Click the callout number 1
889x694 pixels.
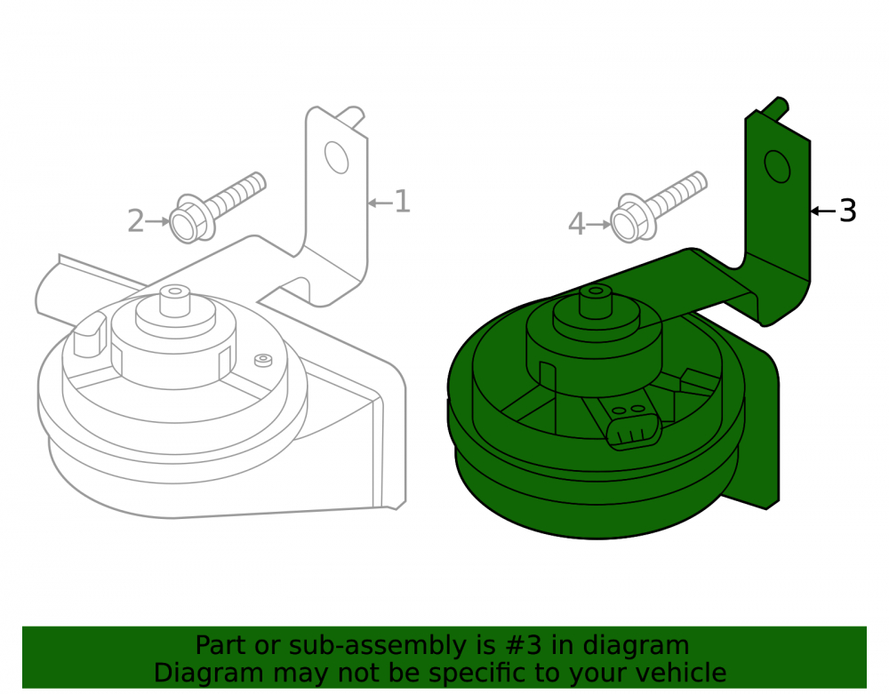pyautogui.click(x=402, y=202)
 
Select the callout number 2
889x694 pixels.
pyautogui.click(x=136, y=221)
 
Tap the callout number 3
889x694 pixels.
pyautogui.click(x=847, y=211)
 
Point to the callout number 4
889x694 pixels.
pyautogui.click(x=577, y=224)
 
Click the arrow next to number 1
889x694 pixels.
pyautogui.click(x=380, y=203)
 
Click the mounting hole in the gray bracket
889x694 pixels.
pyautogui.click(x=336, y=157)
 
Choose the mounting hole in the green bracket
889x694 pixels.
pyautogui.click(x=777, y=166)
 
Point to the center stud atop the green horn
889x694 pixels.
pyautogui.click(x=596, y=302)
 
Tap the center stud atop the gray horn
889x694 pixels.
pyautogui.click(x=175, y=300)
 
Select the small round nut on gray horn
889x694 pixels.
pyautogui.click(x=263, y=360)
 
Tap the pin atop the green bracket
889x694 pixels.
pyautogui.click(x=775, y=108)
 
